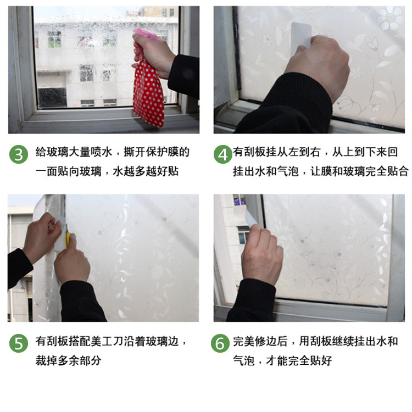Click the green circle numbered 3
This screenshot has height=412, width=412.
coord(19,154)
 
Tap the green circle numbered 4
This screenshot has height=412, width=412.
coord(222,154)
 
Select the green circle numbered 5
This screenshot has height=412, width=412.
coord(19,344)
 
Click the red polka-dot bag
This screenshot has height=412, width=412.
coord(149,93)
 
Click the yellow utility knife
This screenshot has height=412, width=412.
coord(68,239)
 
